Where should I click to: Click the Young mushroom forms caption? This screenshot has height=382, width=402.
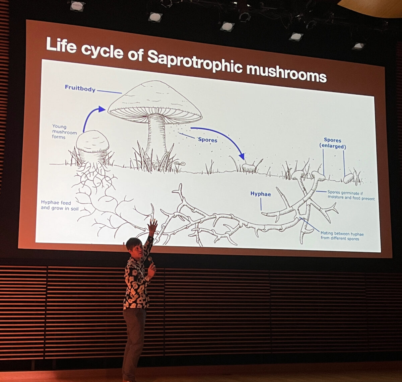pyautogui.click(x=64, y=132)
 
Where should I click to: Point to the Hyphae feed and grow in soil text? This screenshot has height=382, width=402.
pyautogui.click(x=56, y=205)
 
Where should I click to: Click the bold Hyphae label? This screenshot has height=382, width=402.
pyautogui.click(x=260, y=194)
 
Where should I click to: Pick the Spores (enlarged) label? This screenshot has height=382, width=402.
pyautogui.click(x=332, y=143)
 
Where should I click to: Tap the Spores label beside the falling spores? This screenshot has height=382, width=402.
pyautogui.click(x=207, y=140)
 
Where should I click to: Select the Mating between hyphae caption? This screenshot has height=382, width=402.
pyautogui.click(x=342, y=236)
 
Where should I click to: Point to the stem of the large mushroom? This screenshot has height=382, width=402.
pyautogui.click(x=156, y=134)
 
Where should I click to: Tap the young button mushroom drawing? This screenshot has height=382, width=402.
pyautogui.click(x=92, y=142)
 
